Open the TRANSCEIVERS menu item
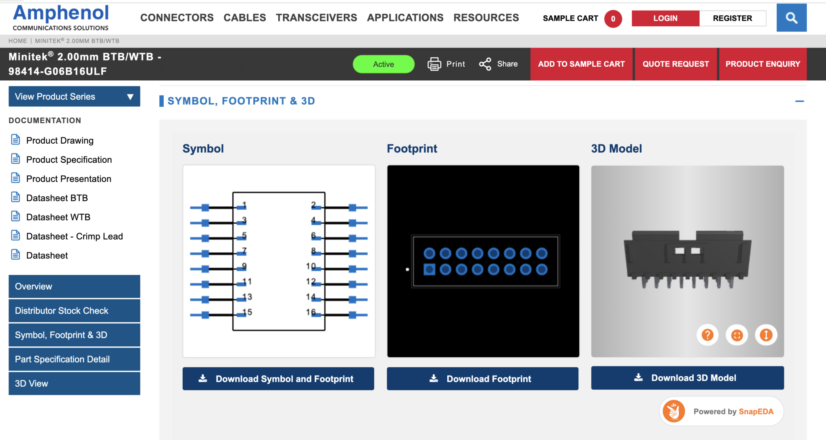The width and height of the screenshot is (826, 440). [x=316, y=18]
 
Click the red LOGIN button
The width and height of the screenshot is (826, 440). [x=665, y=18]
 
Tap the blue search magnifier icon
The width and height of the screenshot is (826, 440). [x=791, y=18]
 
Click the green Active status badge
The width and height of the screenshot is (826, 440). [x=383, y=64]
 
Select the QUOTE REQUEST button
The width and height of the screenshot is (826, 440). [x=676, y=64]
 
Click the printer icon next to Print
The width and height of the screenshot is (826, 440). [x=434, y=64]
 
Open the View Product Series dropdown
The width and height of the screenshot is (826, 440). [x=74, y=96]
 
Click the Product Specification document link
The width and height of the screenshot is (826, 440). [x=69, y=160]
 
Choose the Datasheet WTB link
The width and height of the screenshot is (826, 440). [x=58, y=217]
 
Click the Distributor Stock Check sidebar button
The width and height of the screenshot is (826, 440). [x=74, y=311]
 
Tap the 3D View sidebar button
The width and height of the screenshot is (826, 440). [x=74, y=383]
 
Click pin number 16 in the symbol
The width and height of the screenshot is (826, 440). [x=311, y=312]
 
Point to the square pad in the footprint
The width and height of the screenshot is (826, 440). [x=429, y=269]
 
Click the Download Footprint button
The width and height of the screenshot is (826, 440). [x=482, y=379]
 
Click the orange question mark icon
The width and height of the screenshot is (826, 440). [x=707, y=335]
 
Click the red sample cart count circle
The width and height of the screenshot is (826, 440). [x=613, y=19]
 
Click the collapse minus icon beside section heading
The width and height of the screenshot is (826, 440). [x=799, y=101]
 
